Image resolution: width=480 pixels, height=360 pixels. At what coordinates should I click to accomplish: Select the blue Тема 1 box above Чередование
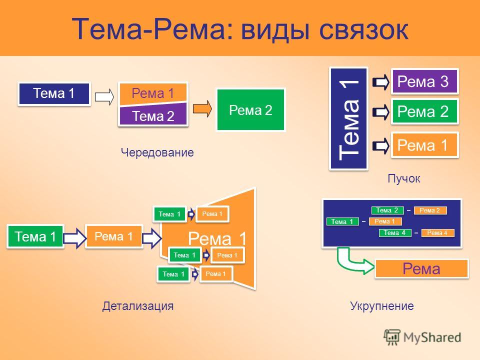point(54,93)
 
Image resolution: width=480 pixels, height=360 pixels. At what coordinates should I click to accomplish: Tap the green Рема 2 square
point(250,110)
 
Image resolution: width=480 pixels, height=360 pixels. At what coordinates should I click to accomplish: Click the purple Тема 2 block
point(153,116)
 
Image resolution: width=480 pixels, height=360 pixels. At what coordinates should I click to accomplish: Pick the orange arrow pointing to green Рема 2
point(202,109)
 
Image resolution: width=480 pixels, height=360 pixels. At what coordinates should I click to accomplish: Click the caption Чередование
point(156,152)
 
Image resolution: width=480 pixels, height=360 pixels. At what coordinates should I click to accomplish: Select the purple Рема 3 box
point(424,80)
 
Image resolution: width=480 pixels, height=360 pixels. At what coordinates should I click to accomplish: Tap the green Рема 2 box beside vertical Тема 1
point(424,111)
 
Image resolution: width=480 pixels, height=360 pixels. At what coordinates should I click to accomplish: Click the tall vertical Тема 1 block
point(348,118)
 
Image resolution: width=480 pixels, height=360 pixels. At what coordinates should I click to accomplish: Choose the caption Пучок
point(403,177)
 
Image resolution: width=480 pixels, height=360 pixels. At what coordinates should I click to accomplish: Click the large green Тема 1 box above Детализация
point(35,236)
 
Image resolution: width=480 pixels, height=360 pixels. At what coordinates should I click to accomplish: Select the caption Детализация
point(137,306)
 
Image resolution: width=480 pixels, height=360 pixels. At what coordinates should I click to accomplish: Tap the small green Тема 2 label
point(387,210)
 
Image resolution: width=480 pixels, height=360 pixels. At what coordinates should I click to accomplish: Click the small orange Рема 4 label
point(437,232)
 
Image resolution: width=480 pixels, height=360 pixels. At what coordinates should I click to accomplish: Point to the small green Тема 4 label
point(395,232)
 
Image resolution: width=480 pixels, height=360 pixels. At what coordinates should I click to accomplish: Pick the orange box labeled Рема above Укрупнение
point(421,269)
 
